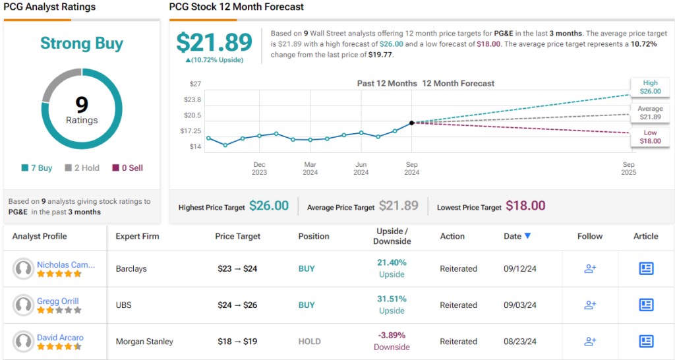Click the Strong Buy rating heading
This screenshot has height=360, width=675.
[x=82, y=44]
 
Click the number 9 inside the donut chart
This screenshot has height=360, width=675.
[x=82, y=105]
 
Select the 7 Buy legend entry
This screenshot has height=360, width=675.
[x=37, y=167]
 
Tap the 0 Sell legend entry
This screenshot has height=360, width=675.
[x=127, y=167]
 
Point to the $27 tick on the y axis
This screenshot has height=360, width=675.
[x=195, y=84]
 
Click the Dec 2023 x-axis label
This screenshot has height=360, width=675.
[x=259, y=168]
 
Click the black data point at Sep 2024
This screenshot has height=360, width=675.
[x=412, y=123]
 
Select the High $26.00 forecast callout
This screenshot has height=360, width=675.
[x=650, y=87]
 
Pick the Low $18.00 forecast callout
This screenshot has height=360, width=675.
[x=650, y=136]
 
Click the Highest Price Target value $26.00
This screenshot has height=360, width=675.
[x=269, y=206]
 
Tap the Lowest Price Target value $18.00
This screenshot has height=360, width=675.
[x=525, y=206]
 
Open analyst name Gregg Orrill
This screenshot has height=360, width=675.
[x=58, y=301]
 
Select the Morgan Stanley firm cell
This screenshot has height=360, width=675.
[x=144, y=342]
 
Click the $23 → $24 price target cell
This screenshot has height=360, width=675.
[x=237, y=269]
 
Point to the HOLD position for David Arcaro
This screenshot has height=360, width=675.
[x=309, y=342]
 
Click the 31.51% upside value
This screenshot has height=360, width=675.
[x=392, y=299]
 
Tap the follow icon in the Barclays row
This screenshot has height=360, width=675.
[x=590, y=269]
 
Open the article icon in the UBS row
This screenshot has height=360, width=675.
[x=646, y=305]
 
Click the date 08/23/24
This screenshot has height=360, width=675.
[x=520, y=342]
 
